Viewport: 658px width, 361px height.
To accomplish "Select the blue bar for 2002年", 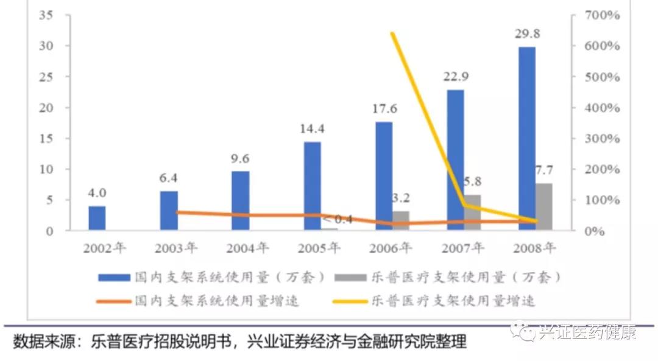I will tap(97, 218).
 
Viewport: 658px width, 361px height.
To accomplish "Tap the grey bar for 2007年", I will tap(472, 212).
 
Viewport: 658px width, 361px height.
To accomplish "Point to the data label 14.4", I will tap(312, 128).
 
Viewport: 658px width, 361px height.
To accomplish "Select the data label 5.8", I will tap(472, 181).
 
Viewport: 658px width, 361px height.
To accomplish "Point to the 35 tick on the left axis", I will tap(45, 15).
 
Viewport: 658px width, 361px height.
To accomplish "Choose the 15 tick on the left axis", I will tap(45, 139).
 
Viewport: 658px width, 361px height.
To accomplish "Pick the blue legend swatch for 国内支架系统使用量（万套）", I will tap(115, 278).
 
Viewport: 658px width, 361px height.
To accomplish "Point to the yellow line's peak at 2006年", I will tap(392, 33).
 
